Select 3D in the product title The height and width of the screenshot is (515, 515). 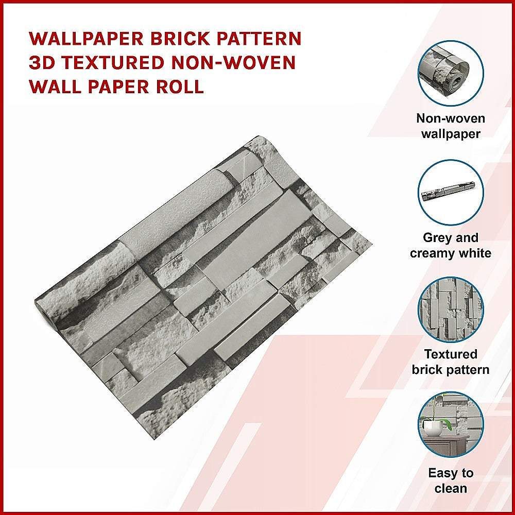coord(42,63)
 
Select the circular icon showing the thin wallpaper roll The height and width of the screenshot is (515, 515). coord(451,192)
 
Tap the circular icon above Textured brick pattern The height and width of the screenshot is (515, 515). coord(451,310)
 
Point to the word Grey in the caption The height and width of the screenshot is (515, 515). coord(436,238)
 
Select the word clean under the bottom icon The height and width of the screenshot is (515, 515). coord(451,488)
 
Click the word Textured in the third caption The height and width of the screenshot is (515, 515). coord(451,354)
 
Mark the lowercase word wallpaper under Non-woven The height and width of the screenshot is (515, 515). coord(451,134)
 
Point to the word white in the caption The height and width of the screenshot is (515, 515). coord(476,253)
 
